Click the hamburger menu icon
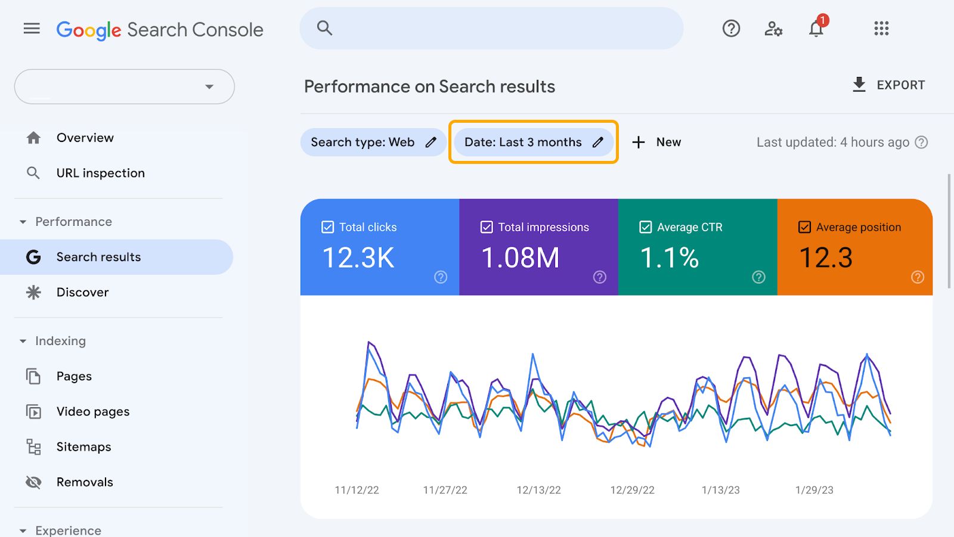pos(32,29)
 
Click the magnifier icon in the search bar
pos(324,28)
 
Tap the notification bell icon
pos(816,29)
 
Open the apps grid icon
pos(881,29)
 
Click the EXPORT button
pos(888,85)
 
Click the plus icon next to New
pos(639,142)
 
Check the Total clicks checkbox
pos(327,227)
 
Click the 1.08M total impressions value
pos(520,258)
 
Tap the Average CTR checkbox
pos(645,227)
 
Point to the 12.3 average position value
pos(826,258)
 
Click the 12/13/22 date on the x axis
pos(538,490)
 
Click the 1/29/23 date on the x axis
pos(814,490)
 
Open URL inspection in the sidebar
pos(100,173)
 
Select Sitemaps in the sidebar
pos(83,447)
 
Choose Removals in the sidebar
pos(84,482)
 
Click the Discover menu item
pos(82,293)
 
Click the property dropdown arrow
pos(209,87)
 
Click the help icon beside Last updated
pos(921,142)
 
